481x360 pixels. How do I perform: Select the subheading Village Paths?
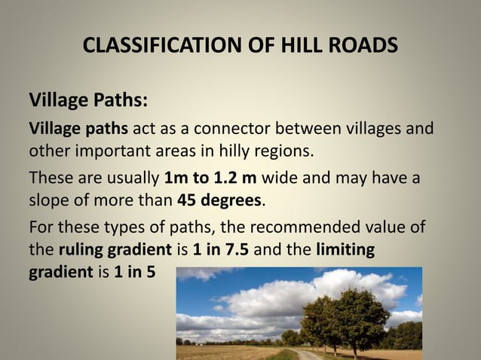click(x=88, y=100)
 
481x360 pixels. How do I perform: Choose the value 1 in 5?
click(x=135, y=271)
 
